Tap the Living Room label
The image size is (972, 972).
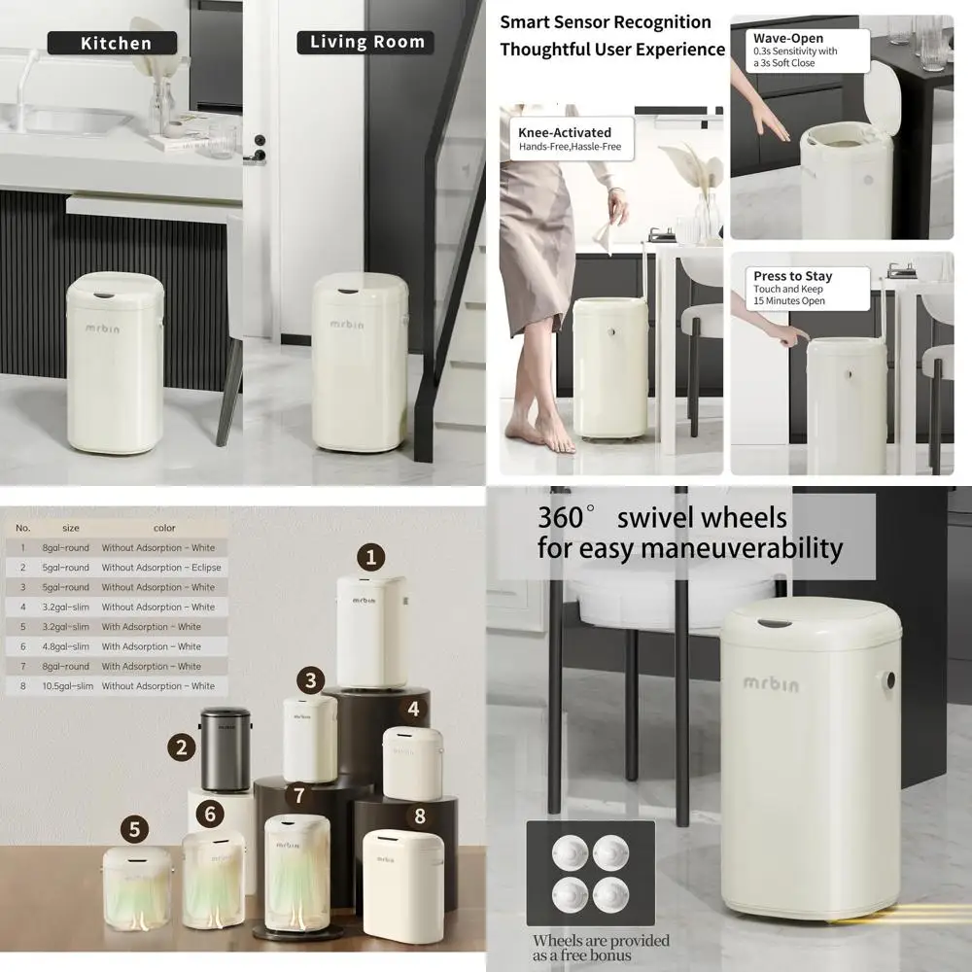point(366,42)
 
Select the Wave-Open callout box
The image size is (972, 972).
point(794,50)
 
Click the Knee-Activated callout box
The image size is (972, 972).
point(572,139)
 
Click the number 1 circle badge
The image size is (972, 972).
point(369,558)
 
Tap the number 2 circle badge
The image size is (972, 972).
point(181,747)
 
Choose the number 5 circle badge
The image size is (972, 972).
point(135,830)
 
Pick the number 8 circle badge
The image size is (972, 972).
point(419,816)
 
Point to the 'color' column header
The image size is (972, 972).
point(164,528)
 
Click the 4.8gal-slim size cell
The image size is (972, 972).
point(65,646)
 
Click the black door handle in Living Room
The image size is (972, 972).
point(260,147)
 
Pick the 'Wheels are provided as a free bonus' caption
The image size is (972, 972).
point(601,948)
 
